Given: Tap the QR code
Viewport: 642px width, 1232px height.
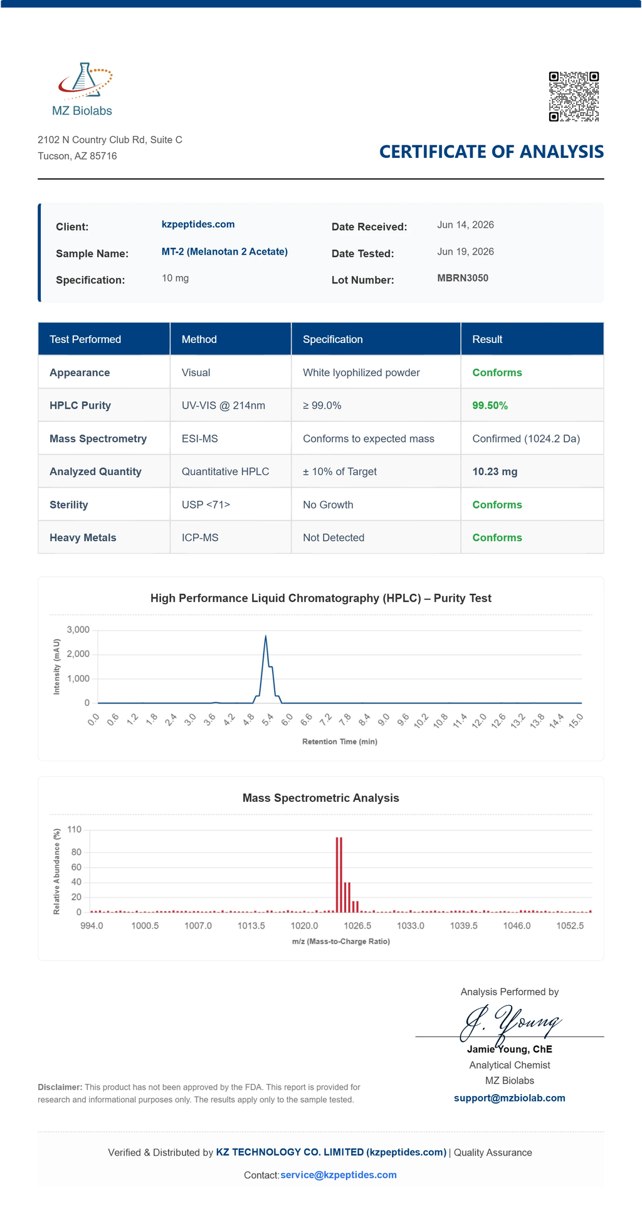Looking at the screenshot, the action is click(574, 97).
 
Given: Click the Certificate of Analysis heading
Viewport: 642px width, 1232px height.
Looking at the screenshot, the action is click(492, 152).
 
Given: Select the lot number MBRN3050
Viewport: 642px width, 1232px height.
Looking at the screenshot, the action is click(463, 278).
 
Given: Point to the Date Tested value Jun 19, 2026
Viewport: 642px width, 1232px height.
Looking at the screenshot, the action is click(465, 252).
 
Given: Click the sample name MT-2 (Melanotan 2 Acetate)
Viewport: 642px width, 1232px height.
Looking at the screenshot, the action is click(224, 252).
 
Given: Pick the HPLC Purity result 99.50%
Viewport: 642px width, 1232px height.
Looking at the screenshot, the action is click(490, 406).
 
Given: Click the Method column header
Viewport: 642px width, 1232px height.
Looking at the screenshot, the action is click(199, 339).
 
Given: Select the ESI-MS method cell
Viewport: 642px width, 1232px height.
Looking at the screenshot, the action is click(200, 439).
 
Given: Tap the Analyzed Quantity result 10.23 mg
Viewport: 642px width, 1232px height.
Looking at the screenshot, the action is click(495, 471).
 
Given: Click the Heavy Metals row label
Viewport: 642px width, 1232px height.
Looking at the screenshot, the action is click(83, 538).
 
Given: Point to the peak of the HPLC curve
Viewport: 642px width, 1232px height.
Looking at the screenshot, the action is click(266, 636).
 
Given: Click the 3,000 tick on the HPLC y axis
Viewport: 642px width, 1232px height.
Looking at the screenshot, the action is click(78, 629).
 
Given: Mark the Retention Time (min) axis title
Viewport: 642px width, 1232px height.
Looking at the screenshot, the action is click(340, 742).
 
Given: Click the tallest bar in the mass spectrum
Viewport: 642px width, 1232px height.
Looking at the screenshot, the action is click(338, 875).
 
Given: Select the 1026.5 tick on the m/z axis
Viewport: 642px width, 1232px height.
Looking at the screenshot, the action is click(357, 925).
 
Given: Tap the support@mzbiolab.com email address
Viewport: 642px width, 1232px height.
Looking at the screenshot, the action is click(510, 1098).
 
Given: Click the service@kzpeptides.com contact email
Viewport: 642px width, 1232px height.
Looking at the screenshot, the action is click(339, 1174).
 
